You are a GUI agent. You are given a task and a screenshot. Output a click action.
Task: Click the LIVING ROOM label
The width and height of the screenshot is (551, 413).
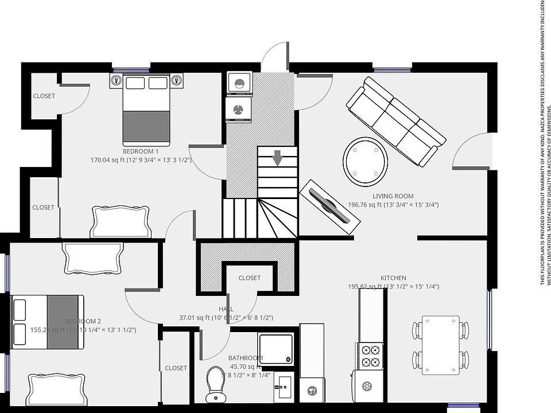[393, 196]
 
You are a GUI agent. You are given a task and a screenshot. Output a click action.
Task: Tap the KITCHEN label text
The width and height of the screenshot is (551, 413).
[393, 278]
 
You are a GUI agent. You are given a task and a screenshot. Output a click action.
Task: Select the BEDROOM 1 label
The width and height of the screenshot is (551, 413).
[141, 151]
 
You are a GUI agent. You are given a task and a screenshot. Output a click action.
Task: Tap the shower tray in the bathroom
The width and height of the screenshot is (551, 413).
[275, 349]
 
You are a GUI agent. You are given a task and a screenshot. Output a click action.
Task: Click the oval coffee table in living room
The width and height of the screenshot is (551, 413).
[365, 161]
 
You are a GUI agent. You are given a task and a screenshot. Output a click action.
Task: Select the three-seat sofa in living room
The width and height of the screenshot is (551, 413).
[396, 122]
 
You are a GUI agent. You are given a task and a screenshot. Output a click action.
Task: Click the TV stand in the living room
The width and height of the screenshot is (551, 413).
[329, 206]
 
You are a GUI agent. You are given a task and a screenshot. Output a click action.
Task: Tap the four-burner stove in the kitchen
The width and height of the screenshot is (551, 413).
[369, 355]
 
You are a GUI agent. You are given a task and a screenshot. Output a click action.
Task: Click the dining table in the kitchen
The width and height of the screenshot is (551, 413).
[441, 345]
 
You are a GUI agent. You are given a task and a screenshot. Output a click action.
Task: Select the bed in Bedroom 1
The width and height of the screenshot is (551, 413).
[146, 110]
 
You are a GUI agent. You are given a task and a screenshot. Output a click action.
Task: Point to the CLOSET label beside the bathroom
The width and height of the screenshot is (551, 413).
[176, 368]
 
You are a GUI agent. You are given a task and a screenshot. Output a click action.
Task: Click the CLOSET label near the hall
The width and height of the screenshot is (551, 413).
[249, 278]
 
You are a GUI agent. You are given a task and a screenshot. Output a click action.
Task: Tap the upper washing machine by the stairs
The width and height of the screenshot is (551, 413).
[239, 83]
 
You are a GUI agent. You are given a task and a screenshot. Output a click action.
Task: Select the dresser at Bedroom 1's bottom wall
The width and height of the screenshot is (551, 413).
[121, 222]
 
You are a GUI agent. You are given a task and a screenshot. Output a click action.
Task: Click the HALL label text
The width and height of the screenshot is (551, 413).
[226, 309]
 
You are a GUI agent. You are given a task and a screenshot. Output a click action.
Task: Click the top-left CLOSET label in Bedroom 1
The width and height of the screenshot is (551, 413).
[44, 96]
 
